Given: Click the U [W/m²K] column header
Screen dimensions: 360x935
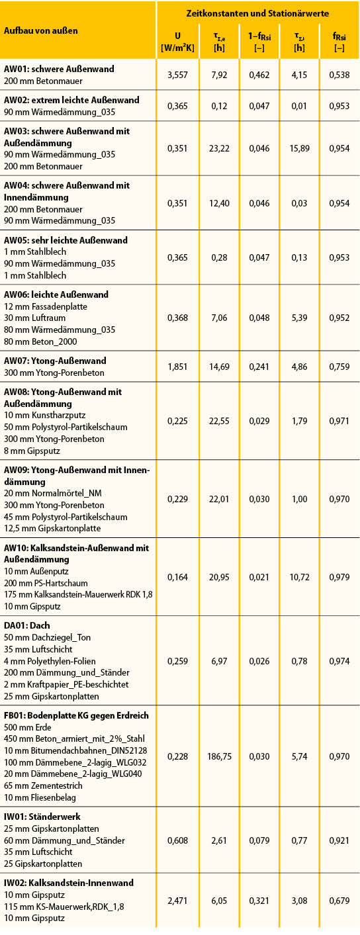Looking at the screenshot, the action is coord(177,42).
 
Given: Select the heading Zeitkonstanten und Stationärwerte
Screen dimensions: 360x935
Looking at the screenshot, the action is coord(257,13).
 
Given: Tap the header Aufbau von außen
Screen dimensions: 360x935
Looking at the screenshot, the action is coord(40,30).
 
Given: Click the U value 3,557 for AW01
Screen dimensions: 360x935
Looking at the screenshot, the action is coord(177,75).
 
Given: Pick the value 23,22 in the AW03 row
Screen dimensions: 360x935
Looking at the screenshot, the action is coord(219,148).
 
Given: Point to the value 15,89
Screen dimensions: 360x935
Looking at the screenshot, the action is coord(299,148).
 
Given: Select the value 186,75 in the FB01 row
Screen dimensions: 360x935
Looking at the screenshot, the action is coord(219,756).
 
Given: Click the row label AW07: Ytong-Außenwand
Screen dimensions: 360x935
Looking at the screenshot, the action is coord(55,361).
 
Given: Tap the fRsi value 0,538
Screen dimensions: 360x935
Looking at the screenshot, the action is coord(339,75).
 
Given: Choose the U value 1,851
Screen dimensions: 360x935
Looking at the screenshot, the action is coord(177,367).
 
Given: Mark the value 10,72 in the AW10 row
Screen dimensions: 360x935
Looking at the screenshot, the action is coord(299,577).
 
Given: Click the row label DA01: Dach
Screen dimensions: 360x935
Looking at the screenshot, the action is coord(26,625).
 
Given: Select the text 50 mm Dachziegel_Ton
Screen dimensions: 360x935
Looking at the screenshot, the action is coord(47,637).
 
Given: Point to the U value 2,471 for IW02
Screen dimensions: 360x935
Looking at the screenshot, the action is coord(177,901).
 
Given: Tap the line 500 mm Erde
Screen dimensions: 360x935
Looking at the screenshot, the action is coord(28,727).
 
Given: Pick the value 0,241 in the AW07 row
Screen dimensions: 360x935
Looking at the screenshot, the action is coord(259,367).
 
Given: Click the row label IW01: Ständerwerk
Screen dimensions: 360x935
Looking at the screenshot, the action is coord(42,817).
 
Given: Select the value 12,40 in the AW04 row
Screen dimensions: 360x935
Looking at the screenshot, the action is coord(219,203).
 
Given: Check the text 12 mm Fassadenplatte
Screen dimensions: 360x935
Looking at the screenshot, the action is coord(46,306).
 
